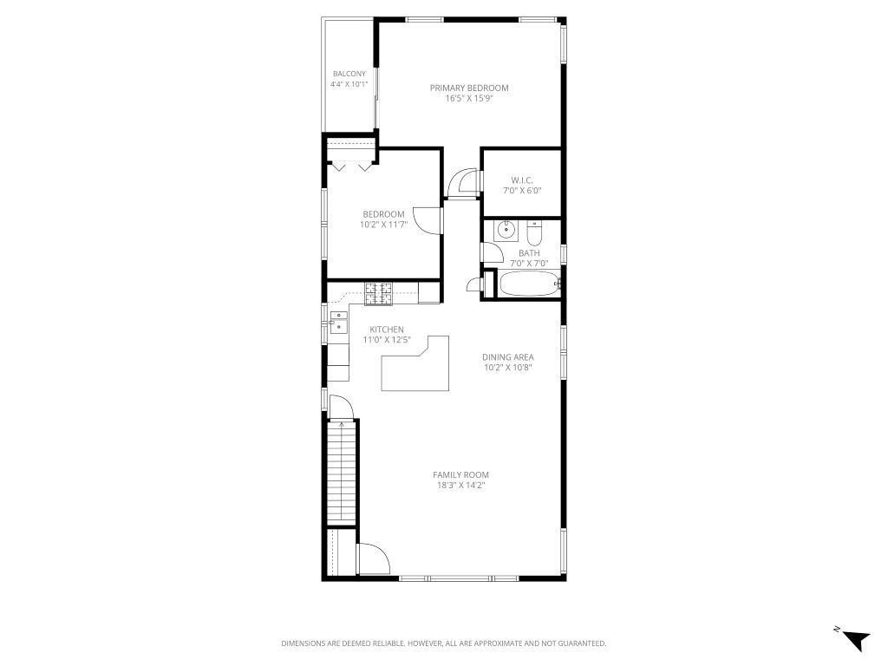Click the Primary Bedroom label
469,88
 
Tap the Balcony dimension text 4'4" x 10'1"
349,84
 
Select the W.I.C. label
521,180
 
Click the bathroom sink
506,231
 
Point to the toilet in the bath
534,232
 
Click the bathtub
529,284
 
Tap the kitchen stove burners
378,294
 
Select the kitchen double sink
339,322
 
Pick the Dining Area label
508,356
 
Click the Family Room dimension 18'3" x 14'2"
461,486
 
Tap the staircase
342,473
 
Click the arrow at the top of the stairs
342,424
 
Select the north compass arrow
856,640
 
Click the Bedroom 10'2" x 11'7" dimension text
383,225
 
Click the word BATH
529,253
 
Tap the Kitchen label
387,330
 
